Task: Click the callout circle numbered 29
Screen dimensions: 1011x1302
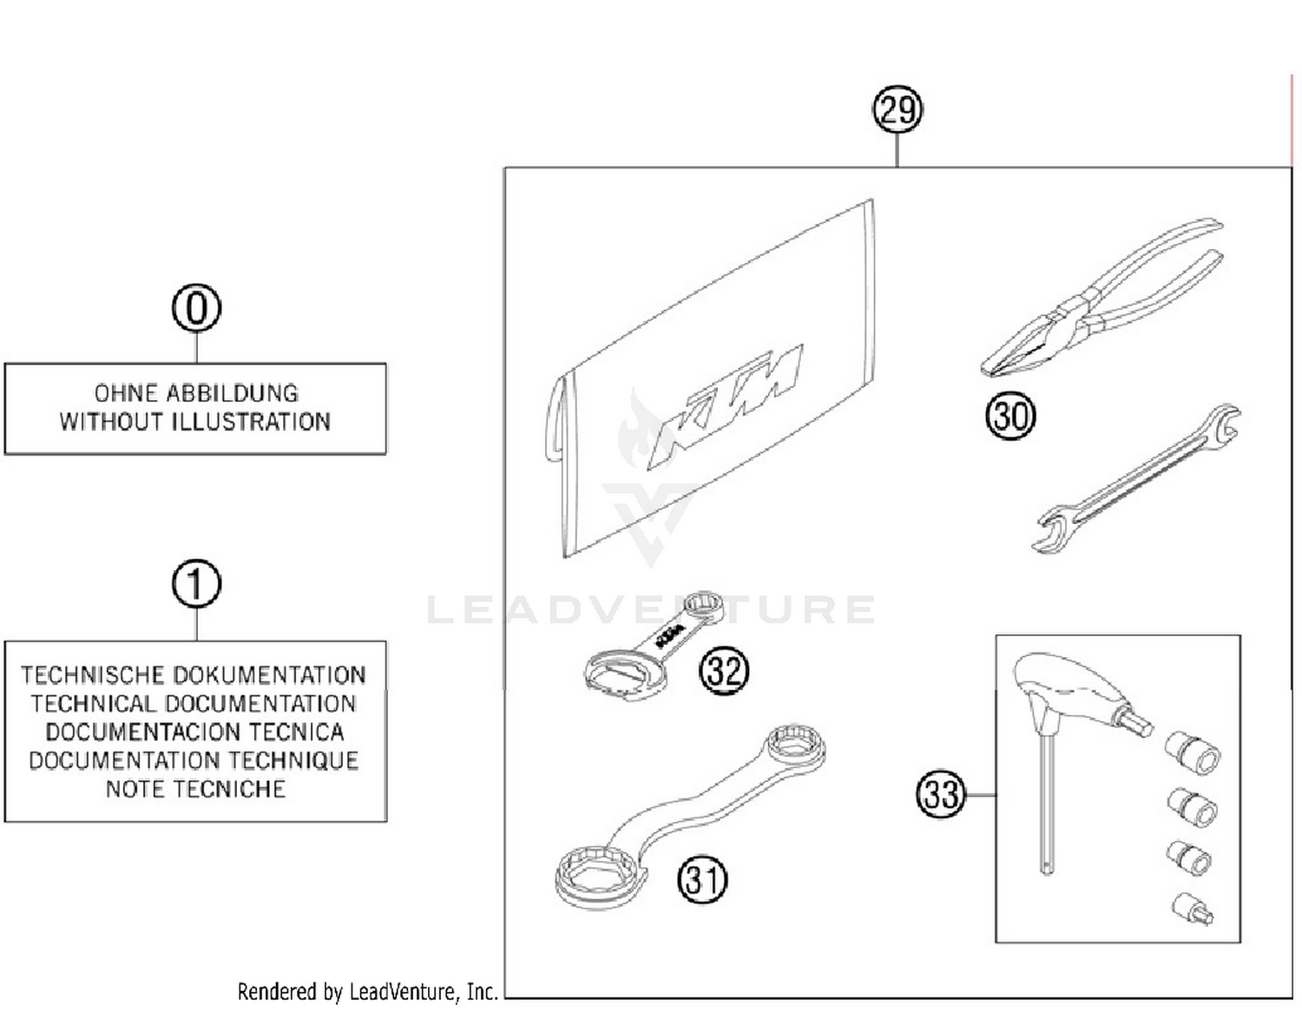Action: click(x=897, y=110)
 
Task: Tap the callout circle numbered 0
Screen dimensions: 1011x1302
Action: click(x=196, y=308)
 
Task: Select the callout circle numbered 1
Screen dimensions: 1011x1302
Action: click(x=196, y=584)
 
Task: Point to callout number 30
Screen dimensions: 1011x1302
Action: click(x=1010, y=416)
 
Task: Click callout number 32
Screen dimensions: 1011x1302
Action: click(x=724, y=671)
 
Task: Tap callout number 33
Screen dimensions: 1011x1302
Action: click(x=941, y=794)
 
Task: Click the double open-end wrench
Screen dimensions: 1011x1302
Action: click(x=1137, y=477)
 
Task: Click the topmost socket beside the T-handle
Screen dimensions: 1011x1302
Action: click(x=1193, y=752)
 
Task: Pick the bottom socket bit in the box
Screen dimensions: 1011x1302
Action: click(x=1192, y=909)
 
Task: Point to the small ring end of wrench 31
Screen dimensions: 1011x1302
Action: click(x=794, y=744)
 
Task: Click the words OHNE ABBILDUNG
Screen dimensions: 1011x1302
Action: click(x=196, y=393)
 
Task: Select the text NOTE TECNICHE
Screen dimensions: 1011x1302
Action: click(x=195, y=789)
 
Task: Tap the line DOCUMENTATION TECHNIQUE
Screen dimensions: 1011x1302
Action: click(x=194, y=760)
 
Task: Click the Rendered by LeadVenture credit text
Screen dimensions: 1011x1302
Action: click(x=367, y=991)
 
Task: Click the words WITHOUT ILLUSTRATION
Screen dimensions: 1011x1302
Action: click(x=195, y=422)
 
